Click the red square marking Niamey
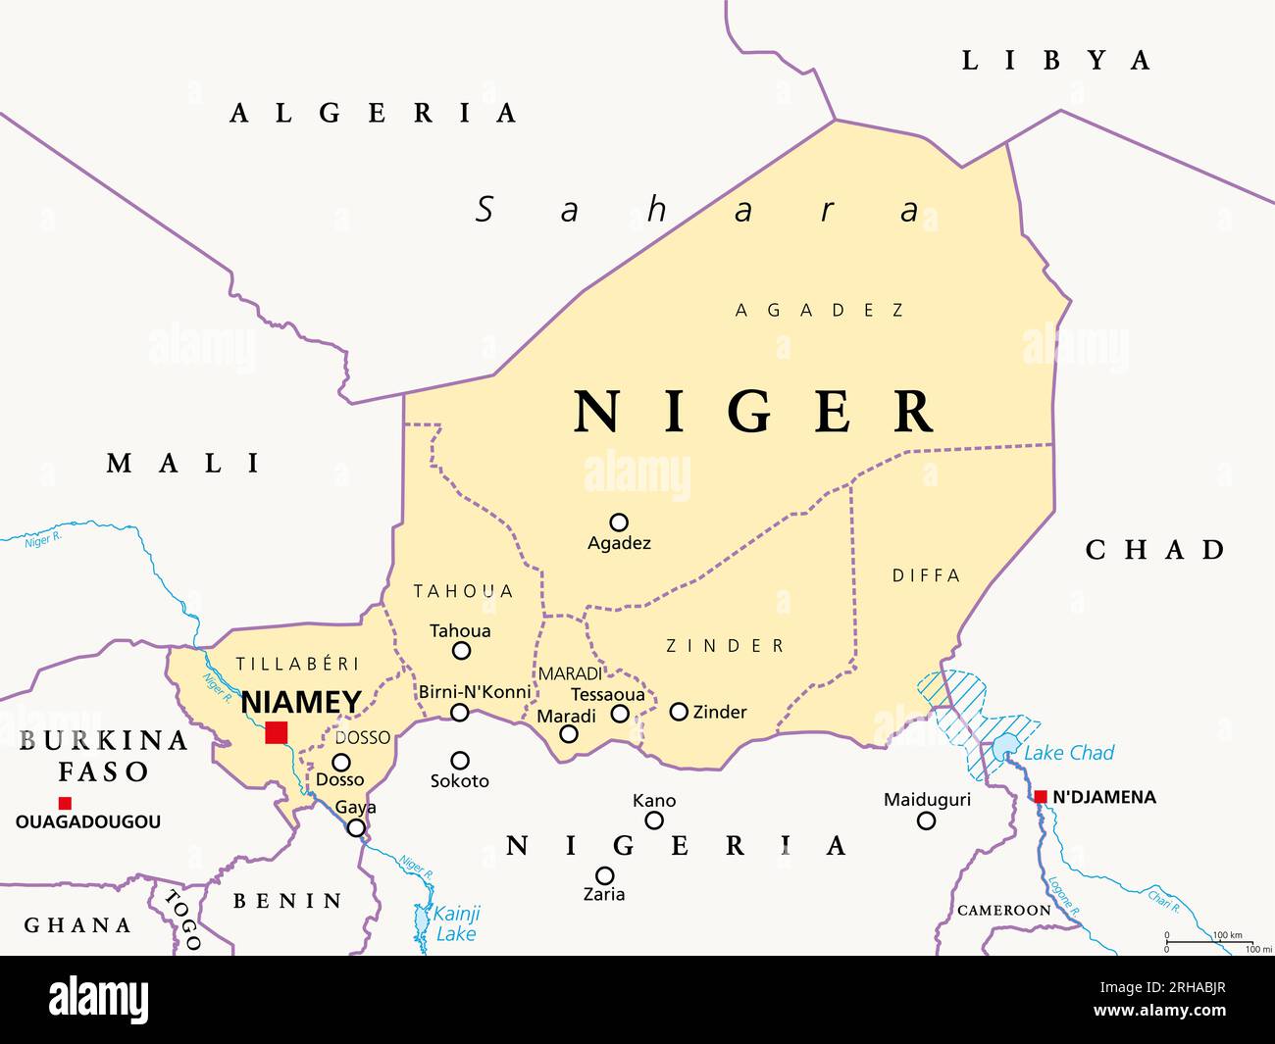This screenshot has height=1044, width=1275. click(277, 732)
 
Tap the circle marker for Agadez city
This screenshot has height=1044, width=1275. click(619, 522)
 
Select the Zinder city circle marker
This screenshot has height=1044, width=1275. click(679, 712)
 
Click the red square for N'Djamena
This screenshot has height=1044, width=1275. click(1041, 796)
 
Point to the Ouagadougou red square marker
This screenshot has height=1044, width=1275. click(65, 803)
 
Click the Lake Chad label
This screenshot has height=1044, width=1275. click(1069, 753)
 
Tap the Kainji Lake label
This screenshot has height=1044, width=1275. click(456, 923)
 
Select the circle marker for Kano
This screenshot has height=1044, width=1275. click(654, 820)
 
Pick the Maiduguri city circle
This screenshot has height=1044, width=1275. click(926, 820)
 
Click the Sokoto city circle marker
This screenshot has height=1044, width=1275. click(459, 760)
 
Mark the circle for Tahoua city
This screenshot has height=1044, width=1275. click(461, 651)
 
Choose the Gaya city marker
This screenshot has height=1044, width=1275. click(357, 827)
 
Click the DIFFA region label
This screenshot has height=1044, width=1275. click(926, 576)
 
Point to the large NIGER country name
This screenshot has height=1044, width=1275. click(753, 412)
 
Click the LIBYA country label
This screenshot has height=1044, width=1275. click(1055, 61)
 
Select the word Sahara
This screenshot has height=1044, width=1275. click(698, 210)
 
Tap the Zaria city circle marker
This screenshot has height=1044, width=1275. click(605, 875)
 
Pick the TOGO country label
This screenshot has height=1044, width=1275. click(183, 919)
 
